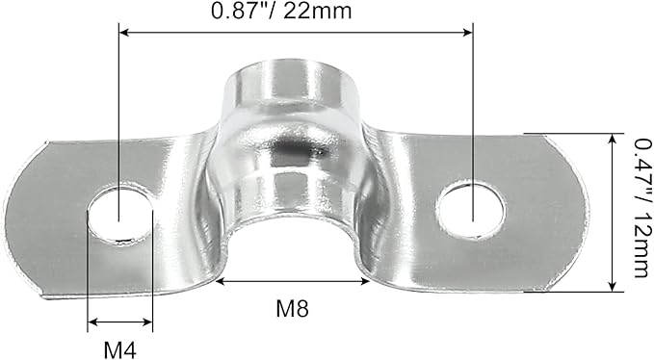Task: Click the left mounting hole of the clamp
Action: pos(120,214)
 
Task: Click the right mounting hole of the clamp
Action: pos(470,208)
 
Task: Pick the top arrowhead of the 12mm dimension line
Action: pos(612,139)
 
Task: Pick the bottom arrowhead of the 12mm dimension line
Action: pos(612,286)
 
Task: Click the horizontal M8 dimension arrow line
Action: pos(293,281)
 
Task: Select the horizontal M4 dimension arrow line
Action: pos(120,323)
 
